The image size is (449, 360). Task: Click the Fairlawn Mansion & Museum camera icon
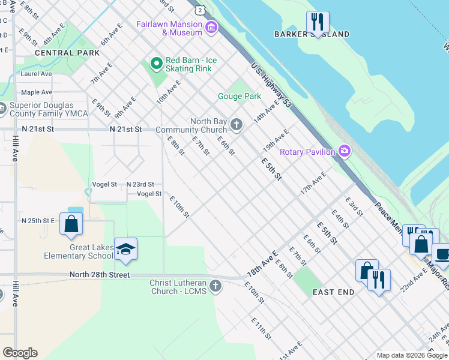tap(211, 28)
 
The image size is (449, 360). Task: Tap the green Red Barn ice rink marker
tap(156, 63)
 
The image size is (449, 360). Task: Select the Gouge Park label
tap(239, 96)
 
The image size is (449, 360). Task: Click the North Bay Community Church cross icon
tap(237, 125)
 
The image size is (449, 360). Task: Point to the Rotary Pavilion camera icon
tap(345, 151)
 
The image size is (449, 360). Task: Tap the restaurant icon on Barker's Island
tap(318, 22)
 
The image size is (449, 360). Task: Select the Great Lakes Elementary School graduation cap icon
tap(125, 249)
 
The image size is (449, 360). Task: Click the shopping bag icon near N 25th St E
tap(71, 224)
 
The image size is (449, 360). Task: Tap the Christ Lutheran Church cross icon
tap(215, 287)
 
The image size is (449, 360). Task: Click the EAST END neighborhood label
tap(333, 292)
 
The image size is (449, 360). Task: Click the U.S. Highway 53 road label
tap(271, 86)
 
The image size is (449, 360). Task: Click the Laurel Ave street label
tap(36, 74)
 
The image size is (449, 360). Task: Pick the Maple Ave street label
tap(37, 92)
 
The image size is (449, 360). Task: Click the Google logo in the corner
tap(20, 353)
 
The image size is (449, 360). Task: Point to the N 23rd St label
tap(140, 184)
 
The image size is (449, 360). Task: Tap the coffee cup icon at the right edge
tap(442, 254)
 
